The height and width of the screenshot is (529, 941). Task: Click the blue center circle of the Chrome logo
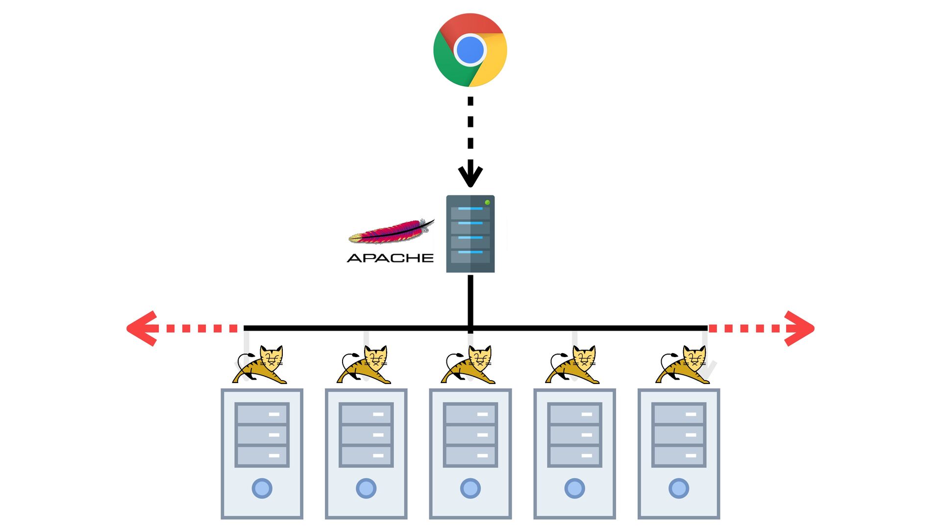pyautogui.click(x=470, y=50)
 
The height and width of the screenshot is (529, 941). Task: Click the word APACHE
pyautogui.click(x=390, y=258)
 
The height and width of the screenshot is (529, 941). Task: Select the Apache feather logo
pyautogui.click(x=391, y=232)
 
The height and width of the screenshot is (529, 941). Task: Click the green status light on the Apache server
pyautogui.click(x=487, y=202)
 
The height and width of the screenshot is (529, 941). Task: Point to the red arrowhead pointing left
pyautogui.click(x=142, y=328)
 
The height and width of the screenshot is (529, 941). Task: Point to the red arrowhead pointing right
pyautogui.click(x=799, y=328)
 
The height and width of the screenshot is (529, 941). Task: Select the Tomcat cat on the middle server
pyautogui.click(x=468, y=364)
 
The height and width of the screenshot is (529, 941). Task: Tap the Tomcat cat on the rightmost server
pyautogui.click(x=683, y=364)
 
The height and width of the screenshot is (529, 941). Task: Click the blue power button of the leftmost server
pyautogui.click(x=262, y=488)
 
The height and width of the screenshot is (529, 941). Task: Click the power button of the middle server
pyautogui.click(x=470, y=488)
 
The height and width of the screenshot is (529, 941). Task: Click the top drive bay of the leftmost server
pyautogui.click(x=262, y=414)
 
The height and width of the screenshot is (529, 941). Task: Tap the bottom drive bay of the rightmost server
pyautogui.click(x=679, y=456)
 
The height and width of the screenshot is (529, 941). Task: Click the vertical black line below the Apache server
pyautogui.click(x=470, y=301)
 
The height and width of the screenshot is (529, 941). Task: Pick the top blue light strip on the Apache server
pyautogui.click(x=470, y=209)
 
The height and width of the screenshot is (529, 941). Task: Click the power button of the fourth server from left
pyautogui.click(x=574, y=488)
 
